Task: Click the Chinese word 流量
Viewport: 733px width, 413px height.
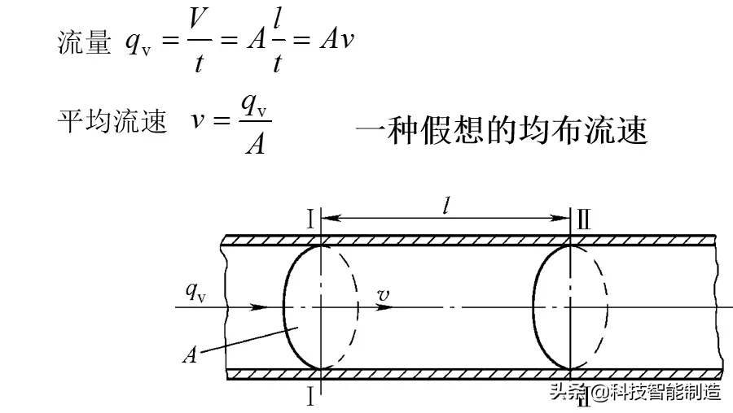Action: point(84,42)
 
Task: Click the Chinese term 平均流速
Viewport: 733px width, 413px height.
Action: point(112,123)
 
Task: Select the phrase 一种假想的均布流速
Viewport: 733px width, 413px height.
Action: point(501,130)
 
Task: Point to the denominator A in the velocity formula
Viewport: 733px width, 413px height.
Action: point(253,145)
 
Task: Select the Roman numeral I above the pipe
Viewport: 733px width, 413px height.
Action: point(310,218)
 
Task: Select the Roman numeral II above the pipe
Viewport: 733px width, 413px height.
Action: point(583,218)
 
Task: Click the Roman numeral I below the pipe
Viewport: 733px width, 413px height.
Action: point(310,396)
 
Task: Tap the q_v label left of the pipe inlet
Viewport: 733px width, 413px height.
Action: point(195,291)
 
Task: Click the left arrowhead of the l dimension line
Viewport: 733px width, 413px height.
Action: point(329,218)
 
